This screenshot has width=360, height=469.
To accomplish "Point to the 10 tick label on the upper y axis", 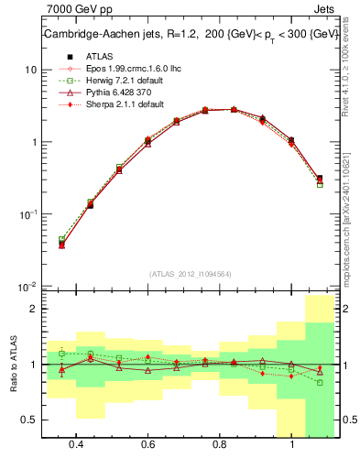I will pyautogui.click(x=30, y=70).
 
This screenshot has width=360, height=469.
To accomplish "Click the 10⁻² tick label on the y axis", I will pyautogui.click(x=27, y=287).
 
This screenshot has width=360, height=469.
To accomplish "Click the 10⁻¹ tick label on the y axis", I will pyautogui.click(x=27, y=214).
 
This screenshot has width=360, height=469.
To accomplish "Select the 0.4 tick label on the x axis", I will pyautogui.click(x=76, y=444).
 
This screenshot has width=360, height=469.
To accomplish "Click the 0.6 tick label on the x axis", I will pyautogui.click(x=147, y=444).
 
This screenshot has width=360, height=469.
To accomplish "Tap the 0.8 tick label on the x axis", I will pyautogui.click(x=220, y=444).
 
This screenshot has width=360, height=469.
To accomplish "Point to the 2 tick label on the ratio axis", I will pyautogui.click(x=34, y=309).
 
